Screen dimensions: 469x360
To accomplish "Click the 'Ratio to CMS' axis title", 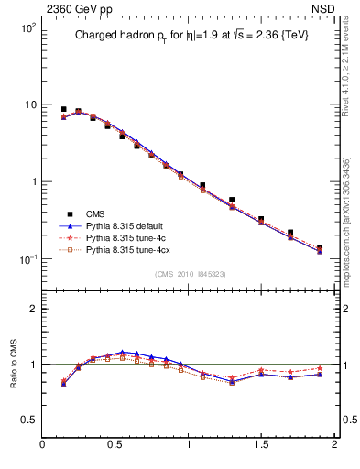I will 15,364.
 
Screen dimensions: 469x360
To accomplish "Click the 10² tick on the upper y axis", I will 27,27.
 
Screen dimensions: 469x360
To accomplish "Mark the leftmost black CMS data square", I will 64,109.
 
